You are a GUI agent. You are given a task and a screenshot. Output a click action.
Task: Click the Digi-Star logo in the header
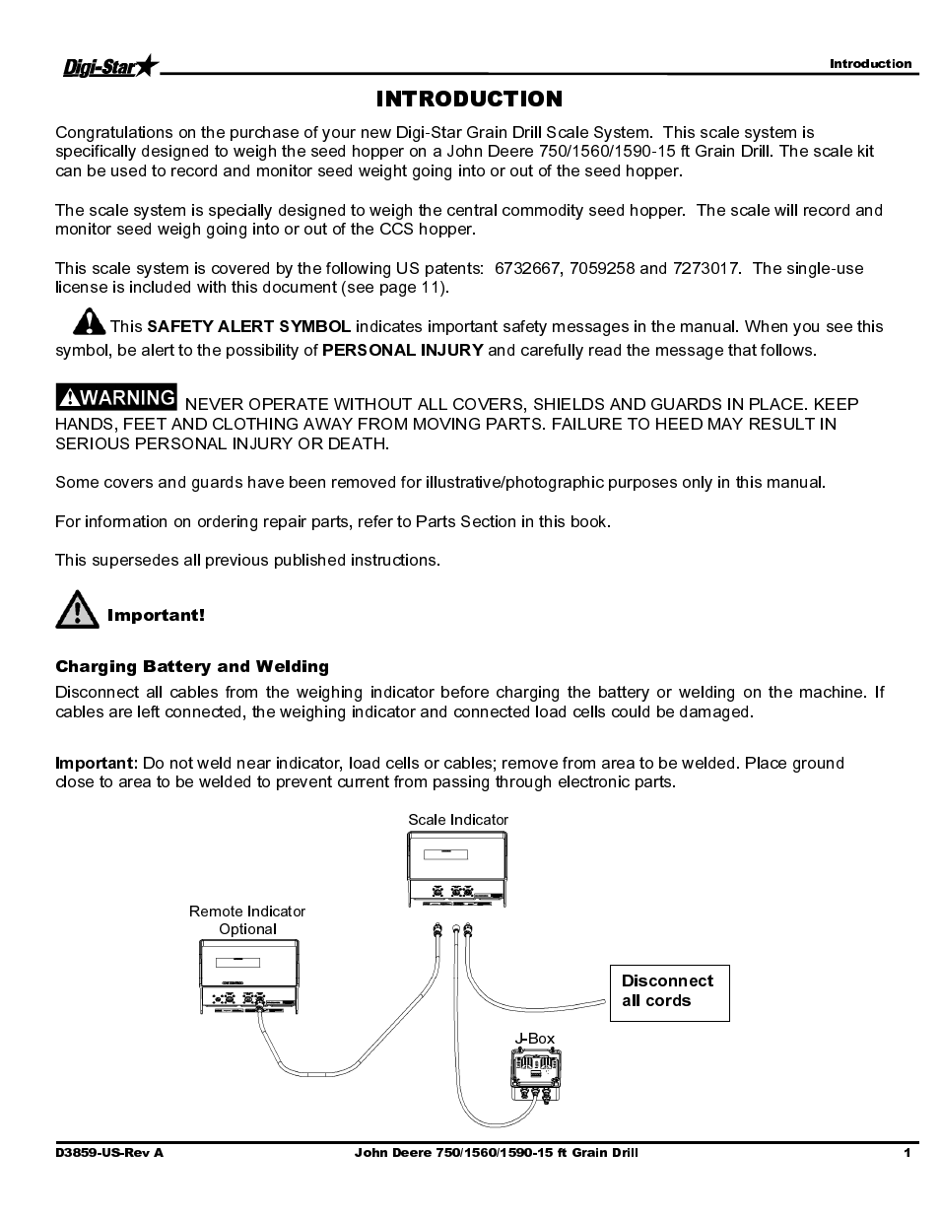pyautogui.click(x=108, y=67)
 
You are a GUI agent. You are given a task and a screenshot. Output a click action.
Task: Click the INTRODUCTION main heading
pyautogui.click(x=469, y=99)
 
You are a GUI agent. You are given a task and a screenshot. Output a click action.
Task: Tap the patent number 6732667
pyautogui.click(x=525, y=268)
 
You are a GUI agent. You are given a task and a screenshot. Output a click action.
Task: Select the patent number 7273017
pyautogui.click(x=706, y=268)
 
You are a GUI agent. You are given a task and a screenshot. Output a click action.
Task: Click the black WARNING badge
pyautogui.click(x=117, y=397)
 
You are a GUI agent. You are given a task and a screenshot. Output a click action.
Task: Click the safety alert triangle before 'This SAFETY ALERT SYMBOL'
pyautogui.click(x=88, y=321)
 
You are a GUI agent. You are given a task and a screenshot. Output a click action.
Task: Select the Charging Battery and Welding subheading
pyautogui.click(x=192, y=666)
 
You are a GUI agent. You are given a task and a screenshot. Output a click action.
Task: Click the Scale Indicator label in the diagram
pyautogui.click(x=458, y=820)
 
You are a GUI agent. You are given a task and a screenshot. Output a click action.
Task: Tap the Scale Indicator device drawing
pyautogui.click(x=458, y=868)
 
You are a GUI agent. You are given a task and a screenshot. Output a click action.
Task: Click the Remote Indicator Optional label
pyautogui.click(x=247, y=919)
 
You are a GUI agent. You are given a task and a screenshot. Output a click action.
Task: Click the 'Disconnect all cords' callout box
pyautogui.click(x=669, y=991)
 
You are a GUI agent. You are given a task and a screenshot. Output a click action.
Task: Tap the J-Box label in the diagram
pyautogui.click(x=535, y=1038)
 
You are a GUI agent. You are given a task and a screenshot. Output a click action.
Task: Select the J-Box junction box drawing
pyautogui.click(x=535, y=1074)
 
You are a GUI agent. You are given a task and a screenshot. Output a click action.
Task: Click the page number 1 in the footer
pyautogui.click(x=906, y=1153)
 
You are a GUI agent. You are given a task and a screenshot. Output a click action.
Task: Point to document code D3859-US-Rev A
pyautogui.click(x=109, y=1153)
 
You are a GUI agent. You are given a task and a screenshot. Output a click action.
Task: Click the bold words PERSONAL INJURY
pyautogui.click(x=403, y=350)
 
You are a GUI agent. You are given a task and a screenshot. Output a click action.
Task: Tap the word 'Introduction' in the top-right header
pyautogui.click(x=870, y=64)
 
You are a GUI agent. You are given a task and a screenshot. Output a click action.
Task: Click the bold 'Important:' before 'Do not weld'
pyautogui.click(x=95, y=763)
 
